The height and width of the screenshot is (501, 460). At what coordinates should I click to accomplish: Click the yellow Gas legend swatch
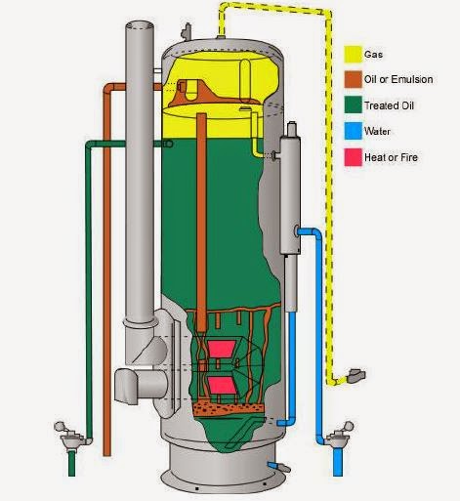coord(354,55)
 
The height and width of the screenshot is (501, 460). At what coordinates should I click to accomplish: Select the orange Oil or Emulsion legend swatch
coord(354,79)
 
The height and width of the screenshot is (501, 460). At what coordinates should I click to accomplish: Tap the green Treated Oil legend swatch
coord(354,104)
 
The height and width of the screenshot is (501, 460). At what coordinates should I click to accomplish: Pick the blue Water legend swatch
coord(354,131)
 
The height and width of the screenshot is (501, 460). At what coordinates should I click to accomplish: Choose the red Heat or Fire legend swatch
coord(354,157)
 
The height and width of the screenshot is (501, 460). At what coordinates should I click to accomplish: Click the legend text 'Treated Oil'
coord(389,105)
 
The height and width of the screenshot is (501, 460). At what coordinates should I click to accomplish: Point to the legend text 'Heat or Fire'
coord(391,157)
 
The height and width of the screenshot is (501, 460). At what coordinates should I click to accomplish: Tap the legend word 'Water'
coord(377,131)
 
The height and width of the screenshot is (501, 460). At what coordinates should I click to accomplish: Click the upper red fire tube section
coord(222,349)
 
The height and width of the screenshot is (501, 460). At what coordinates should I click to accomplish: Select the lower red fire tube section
coord(223,385)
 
